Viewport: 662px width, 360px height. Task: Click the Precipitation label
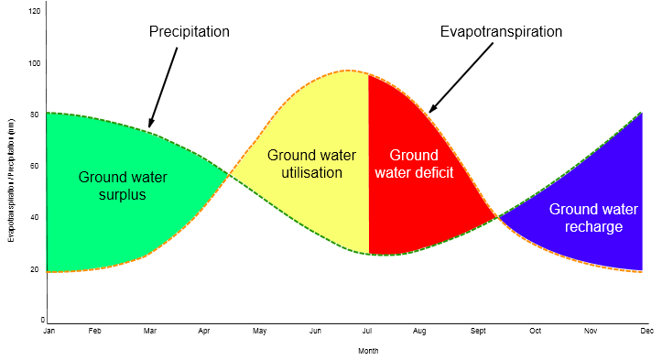pyautogui.click(x=190, y=32)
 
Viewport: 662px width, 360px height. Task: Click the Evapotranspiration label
pyautogui.click(x=501, y=32)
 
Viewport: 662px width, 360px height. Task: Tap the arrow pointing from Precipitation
pyautogui.click(x=163, y=87)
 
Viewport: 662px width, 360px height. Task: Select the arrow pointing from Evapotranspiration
pyautogui.click(x=461, y=78)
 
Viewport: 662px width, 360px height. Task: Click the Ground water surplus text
pyautogui.click(x=123, y=185)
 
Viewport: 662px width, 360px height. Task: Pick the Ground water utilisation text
pyautogui.click(x=311, y=164)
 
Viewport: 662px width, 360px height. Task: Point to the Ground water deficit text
pyautogui.click(x=414, y=164)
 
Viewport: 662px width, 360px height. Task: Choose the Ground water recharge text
pyautogui.click(x=593, y=218)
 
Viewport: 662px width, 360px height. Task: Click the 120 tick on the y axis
pyautogui.click(x=35, y=11)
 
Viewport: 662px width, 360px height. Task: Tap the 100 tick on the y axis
pyautogui.click(x=35, y=63)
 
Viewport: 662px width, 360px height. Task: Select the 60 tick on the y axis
pyautogui.click(x=35, y=166)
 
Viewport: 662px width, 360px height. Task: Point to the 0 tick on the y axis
pyautogui.click(x=43, y=321)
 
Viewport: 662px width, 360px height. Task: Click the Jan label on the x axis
pyautogui.click(x=49, y=331)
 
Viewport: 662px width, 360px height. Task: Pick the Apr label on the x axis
pyautogui.click(x=204, y=331)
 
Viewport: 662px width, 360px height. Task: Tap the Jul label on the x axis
pyautogui.click(x=367, y=331)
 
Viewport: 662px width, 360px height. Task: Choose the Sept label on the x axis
pyautogui.click(x=478, y=331)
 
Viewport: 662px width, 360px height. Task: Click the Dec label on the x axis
pyautogui.click(x=646, y=331)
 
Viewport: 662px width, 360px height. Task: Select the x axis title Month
pyautogui.click(x=368, y=351)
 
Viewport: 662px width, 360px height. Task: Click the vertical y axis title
pyautogui.click(x=11, y=180)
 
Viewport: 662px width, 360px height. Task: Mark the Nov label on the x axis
pyautogui.click(x=591, y=331)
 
